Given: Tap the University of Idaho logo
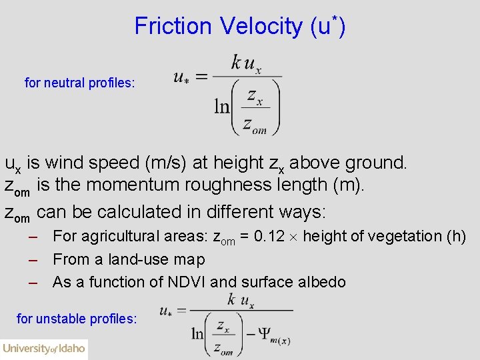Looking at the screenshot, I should click(x=44, y=349).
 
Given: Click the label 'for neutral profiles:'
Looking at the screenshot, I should click(x=79, y=83).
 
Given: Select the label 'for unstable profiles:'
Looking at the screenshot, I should click(x=77, y=319).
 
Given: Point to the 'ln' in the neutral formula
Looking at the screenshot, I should click(x=221, y=106).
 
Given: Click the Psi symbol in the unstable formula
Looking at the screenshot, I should click(x=264, y=334).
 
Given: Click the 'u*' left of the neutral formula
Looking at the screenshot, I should click(x=181, y=77).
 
